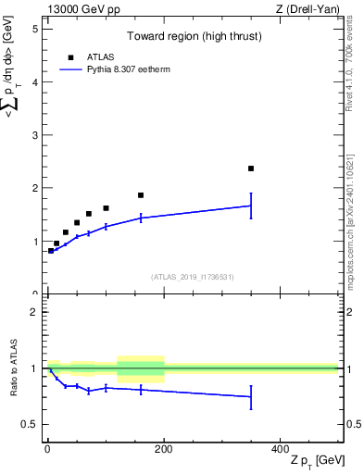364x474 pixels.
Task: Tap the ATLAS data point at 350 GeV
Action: (251, 168)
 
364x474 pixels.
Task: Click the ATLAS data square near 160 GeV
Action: (141, 195)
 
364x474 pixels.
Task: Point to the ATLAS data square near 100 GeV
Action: (106, 208)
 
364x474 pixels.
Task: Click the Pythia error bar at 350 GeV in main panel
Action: (251, 206)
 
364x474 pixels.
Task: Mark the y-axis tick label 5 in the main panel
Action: (34, 29)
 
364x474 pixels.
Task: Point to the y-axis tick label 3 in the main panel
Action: (34, 135)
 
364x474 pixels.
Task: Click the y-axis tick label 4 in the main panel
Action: (34, 82)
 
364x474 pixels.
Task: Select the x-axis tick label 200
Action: (164, 448)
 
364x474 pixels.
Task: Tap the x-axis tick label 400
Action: (281, 448)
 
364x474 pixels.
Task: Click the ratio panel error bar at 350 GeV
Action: (251, 396)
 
